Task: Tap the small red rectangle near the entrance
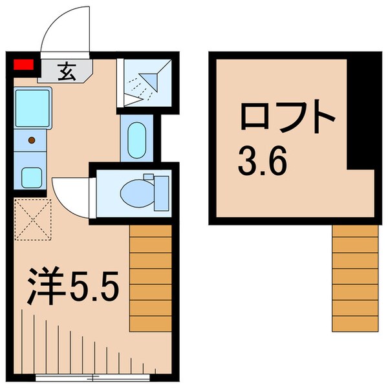24,64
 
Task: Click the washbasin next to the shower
136,138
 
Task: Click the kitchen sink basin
32,105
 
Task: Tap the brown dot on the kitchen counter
30,139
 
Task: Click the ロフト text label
288,119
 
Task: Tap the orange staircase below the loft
354,278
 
